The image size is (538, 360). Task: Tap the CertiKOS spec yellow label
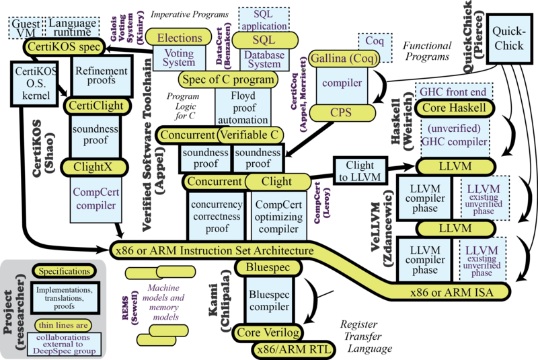63,48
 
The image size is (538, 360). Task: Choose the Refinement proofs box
101,75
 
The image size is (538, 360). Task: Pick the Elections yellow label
180,38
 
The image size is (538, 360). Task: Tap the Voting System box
179,58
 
